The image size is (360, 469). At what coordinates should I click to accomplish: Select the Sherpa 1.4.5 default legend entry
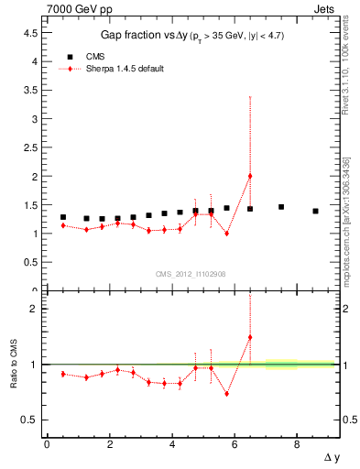coord(124,69)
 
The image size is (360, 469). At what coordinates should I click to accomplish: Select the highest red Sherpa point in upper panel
coord(250,176)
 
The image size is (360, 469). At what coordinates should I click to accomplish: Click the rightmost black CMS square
coord(315,211)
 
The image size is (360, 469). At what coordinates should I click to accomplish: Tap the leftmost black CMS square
coord(62,217)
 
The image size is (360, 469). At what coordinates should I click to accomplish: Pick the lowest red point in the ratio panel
coord(226,394)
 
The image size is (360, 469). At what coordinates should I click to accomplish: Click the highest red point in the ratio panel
coord(250,337)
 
